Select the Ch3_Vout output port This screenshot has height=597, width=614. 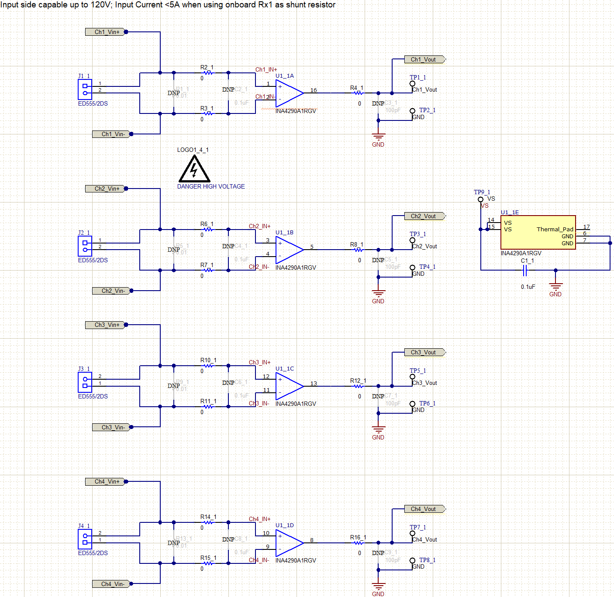pos(423,352)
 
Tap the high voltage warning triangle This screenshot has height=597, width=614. pos(194,170)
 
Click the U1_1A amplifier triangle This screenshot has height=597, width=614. pos(288,93)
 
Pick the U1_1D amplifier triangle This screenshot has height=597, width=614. pos(288,543)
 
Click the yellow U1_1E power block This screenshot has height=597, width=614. pos(538,232)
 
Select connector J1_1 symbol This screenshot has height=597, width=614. pos(85,89)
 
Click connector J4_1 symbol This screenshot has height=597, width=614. pos(85,539)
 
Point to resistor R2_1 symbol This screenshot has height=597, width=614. pos(209,73)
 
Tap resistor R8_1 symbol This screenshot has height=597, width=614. pos(359,250)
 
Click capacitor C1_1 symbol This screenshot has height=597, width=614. pos(525,271)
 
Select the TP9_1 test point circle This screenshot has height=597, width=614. pos(480,199)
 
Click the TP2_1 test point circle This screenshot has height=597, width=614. pos(412,111)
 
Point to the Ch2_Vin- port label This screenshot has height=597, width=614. pos(112,291)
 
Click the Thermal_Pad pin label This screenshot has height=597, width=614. pos(555,229)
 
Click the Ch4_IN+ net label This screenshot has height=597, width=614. pos(259,519)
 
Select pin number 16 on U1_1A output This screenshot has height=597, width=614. pos(314,90)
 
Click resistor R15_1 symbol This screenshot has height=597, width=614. pos(209,563)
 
